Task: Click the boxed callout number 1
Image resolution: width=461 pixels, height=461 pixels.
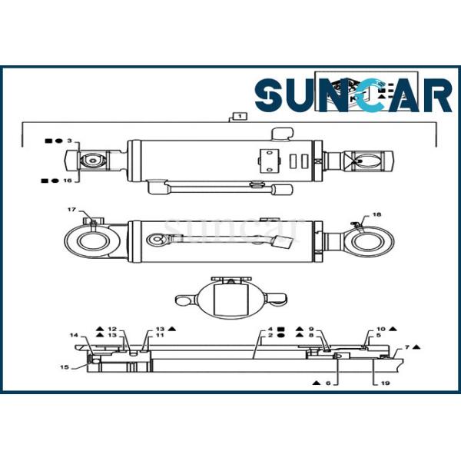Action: point(240,117)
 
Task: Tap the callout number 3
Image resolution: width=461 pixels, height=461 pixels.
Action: point(69,141)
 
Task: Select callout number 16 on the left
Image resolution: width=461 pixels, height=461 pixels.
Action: point(68,181)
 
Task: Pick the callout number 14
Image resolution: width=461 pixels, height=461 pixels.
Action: point(74,336)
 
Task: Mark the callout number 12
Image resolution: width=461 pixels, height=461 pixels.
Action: point(111,328)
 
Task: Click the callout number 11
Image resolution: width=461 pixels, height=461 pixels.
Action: point(160,336)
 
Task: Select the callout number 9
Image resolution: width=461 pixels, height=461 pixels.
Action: point(311,328)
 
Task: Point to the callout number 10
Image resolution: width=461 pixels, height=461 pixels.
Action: point(380,328)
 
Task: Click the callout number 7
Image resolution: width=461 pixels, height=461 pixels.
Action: point(407,347)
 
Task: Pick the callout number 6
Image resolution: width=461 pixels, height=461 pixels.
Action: point(327,382)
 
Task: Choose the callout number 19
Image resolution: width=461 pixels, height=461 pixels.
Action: point(374,382)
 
